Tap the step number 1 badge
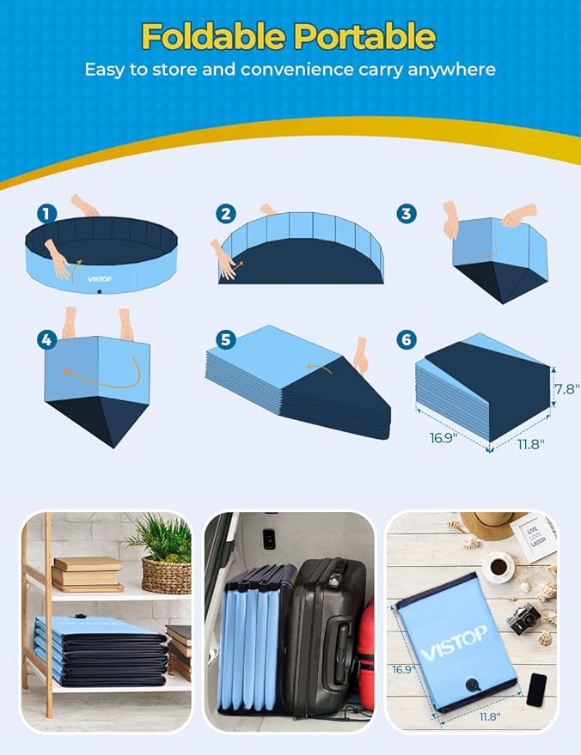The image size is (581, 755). click(x=47, y=213)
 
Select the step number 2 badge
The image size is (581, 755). click(x=226, y=214)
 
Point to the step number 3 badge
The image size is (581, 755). click(x=407, y=213)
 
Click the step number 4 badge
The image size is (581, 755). click(x=47, y=340)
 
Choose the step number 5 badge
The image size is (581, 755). click(x=226, y=340)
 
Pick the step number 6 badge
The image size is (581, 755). click(x=407, y=340)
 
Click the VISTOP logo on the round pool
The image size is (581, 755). click(x=101, y=278)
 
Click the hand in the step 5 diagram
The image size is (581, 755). click(x=361, y=355)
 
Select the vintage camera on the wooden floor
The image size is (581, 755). click(x=523, y=617)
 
